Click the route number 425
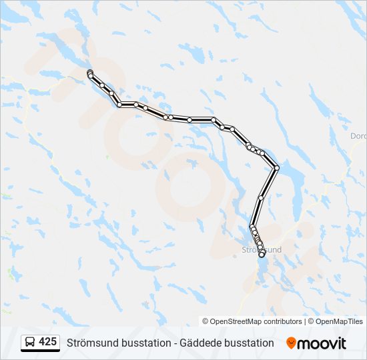click(x=47, y=342)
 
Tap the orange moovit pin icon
click(x=291, y=343)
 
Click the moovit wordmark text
click(x=322, y=343)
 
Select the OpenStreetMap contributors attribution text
click(x=256, y=321)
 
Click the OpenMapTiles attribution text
click(x=338, y=321)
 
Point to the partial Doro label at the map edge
click(x=358, y=136)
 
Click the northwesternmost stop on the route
click(x=89, y=72)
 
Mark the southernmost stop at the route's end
click(x=262, y=254)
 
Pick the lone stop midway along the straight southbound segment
click(x=261, y=197)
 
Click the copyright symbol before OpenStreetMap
click(x=206, y=321)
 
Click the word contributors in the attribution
click(x=283, y=321)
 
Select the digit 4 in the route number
click(x=42, y=342)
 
